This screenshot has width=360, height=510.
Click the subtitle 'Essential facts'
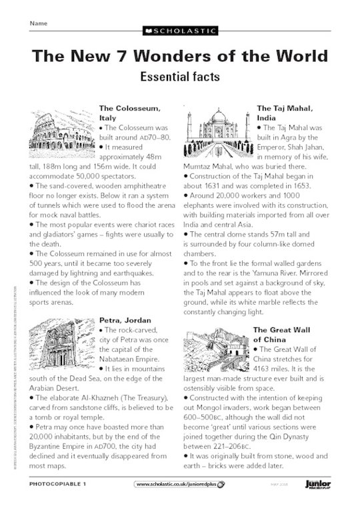[x=179, y=76]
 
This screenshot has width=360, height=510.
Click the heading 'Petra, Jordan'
[x=125, y=319]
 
